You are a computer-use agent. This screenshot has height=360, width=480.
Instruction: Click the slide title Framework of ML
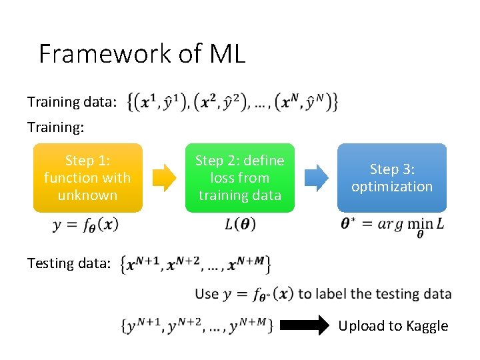coord(142,53)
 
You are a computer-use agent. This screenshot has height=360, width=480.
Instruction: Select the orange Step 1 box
coord(87,177)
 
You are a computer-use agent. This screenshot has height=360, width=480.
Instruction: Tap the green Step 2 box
coord(239,177)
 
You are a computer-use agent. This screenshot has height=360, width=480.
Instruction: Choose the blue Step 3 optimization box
coord(392,177)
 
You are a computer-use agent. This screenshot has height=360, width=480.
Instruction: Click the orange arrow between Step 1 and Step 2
coord(164,177)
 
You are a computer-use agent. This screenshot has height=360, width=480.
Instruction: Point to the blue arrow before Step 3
coord(316,177)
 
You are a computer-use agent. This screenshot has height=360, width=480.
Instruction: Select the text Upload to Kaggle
coord(393,326)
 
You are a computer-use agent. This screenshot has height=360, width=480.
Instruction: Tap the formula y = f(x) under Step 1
coord(86,225)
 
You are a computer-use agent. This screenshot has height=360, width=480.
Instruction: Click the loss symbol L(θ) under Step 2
coord(240,225)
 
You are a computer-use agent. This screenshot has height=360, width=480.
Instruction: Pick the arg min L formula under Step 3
coord(392,225)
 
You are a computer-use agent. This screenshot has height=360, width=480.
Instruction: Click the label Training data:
coord(72,102)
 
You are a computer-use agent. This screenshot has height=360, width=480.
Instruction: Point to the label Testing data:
coord(69,263)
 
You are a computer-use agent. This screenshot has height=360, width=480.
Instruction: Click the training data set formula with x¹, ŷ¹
coord(231,101)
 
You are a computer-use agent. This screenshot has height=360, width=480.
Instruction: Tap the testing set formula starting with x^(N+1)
coord(195,264)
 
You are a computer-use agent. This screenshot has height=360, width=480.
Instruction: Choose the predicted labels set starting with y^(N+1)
coord(196,326)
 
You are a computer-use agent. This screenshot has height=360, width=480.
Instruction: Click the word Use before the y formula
coord(207,293)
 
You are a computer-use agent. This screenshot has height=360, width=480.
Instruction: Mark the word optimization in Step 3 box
coord(392,187)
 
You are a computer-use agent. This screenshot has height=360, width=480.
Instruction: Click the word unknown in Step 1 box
coord(87,195)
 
